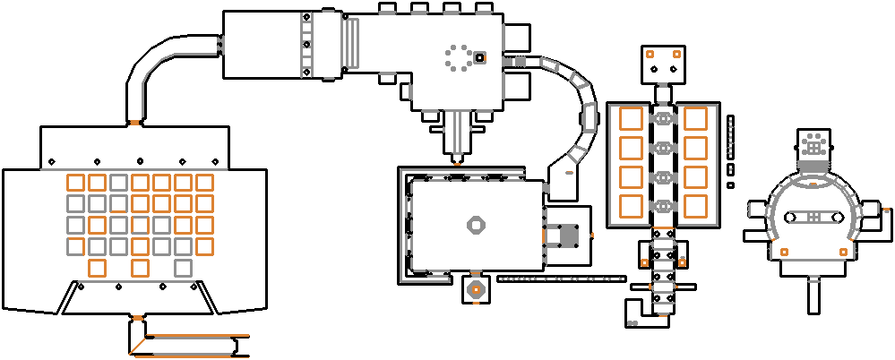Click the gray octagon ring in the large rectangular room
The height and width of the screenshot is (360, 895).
click(475, 225)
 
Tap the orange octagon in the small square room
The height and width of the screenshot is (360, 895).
click(476, 289)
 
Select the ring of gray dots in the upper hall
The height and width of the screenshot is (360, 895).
click(459, 59)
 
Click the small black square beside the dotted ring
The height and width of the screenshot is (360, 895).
click(480, 58)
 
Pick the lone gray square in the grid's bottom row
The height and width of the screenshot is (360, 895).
click(183, 267)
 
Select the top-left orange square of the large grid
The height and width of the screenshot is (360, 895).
click(75, 183)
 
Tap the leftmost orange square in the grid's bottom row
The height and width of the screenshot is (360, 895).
click(97, 267)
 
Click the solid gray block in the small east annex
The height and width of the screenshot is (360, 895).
click(567, 236)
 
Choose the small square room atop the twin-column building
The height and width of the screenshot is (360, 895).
click(663, 63)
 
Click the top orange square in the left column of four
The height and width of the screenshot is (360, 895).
click(631, 119)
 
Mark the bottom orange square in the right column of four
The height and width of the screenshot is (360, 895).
click(695, 205)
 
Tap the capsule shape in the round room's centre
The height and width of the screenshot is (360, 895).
click(811, 218)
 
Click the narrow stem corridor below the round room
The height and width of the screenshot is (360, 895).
click(814, 293)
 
